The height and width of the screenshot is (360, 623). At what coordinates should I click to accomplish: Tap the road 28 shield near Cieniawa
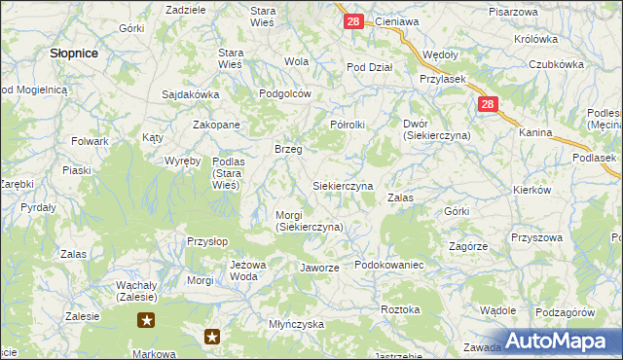(354, 20)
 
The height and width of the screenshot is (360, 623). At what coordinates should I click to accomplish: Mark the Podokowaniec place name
(388, 265)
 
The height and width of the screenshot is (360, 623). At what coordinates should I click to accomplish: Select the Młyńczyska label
(296, 324)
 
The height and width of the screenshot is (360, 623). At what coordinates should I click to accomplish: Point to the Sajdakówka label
(191, 95)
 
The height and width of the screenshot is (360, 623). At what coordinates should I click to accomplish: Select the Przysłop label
(206, 241)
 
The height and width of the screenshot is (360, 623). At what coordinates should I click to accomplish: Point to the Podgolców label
(284, 93)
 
